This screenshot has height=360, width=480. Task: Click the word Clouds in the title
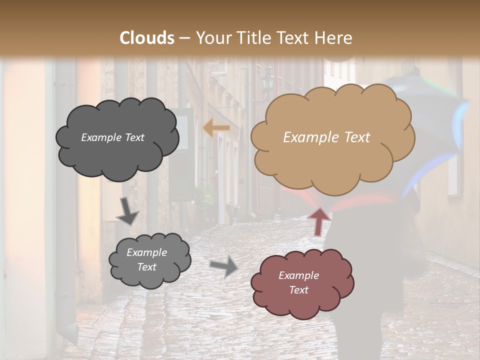(147, 38)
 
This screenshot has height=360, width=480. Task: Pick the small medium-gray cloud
(149, 277)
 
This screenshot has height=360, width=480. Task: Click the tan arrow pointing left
(216, 128)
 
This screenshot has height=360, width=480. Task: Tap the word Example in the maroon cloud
(298, 275)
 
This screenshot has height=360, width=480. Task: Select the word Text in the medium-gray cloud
(146, 267)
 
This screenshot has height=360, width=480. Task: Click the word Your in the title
(210, 38)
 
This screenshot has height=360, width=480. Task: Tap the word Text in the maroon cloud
(298, 290)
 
